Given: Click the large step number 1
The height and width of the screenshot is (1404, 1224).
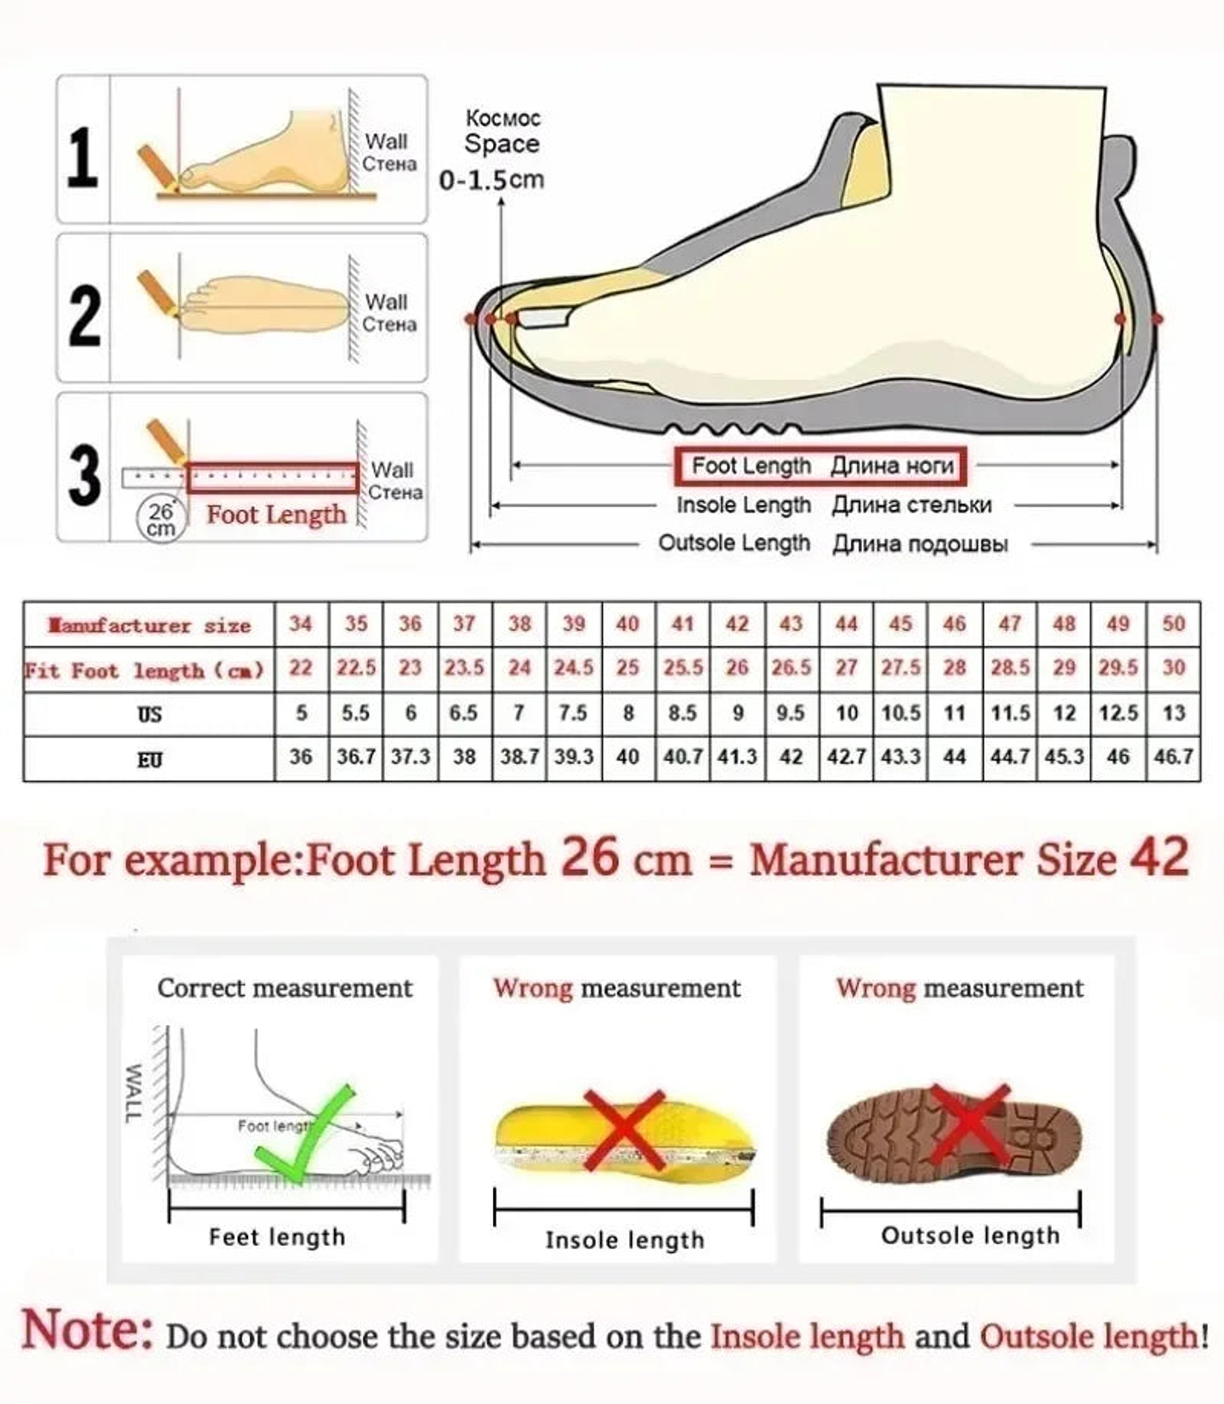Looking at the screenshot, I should [x=82, y=157].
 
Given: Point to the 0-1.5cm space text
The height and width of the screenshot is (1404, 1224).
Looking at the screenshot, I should [x=491, y=180].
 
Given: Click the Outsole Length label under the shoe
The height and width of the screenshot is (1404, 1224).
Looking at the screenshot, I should [x=734, y=543].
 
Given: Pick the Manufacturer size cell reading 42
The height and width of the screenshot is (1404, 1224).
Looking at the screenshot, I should [x=737, y=624].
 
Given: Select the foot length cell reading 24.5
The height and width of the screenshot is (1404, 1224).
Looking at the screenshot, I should [x=574, y=668].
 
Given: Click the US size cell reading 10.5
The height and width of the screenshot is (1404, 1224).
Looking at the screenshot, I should [x=900, y=713].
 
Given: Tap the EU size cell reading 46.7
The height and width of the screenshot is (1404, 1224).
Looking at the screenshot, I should [x=1173, y=756].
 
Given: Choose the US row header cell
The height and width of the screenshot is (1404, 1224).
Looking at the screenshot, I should [x=150, y=714].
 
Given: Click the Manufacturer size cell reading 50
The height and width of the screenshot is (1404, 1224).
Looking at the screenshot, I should [x=1173, y=624].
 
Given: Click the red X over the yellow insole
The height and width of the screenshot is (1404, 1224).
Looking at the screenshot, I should [x=625, y=1130].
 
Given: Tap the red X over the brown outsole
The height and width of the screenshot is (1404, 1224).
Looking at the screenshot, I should [x=969, y=1124].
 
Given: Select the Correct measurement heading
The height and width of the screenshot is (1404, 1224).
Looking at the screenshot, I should [x=285, y=988].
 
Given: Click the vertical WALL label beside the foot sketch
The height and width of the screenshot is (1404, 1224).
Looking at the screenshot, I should [x=133, y=1093].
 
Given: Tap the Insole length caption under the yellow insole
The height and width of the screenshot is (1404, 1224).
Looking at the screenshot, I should [x=625, y=1240].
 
